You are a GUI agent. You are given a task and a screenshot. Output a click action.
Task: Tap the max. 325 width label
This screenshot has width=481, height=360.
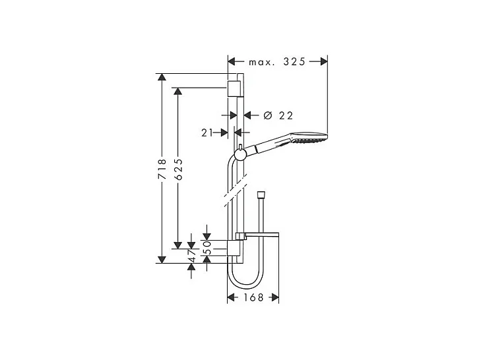277,62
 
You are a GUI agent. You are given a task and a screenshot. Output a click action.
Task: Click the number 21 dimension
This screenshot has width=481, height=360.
206,133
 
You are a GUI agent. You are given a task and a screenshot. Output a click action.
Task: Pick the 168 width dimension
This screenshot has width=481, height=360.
253,298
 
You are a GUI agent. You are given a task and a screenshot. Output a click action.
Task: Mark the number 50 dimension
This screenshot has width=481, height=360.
207,247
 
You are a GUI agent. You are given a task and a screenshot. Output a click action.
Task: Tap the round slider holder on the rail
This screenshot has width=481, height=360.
240,155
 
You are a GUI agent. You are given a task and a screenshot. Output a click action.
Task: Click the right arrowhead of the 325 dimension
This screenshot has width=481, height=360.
323,62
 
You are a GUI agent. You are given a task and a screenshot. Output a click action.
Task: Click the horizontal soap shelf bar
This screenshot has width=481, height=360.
262,235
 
